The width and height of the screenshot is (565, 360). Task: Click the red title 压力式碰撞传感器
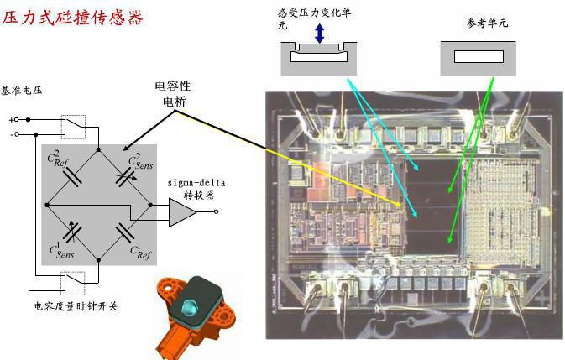coord(73,18)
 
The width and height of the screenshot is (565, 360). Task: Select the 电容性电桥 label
coord(175,94)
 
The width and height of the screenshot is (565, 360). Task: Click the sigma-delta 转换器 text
coord(197,187)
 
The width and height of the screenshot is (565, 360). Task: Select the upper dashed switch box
coord(74,127)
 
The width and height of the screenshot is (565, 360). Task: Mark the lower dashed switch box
coord(74,281)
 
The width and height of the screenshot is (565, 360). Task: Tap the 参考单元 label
coord(487,23)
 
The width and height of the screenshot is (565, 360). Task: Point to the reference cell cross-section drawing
coord(478,59)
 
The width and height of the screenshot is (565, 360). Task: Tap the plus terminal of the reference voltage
coord(13,120)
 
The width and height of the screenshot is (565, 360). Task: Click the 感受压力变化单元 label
coord(315,17)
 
